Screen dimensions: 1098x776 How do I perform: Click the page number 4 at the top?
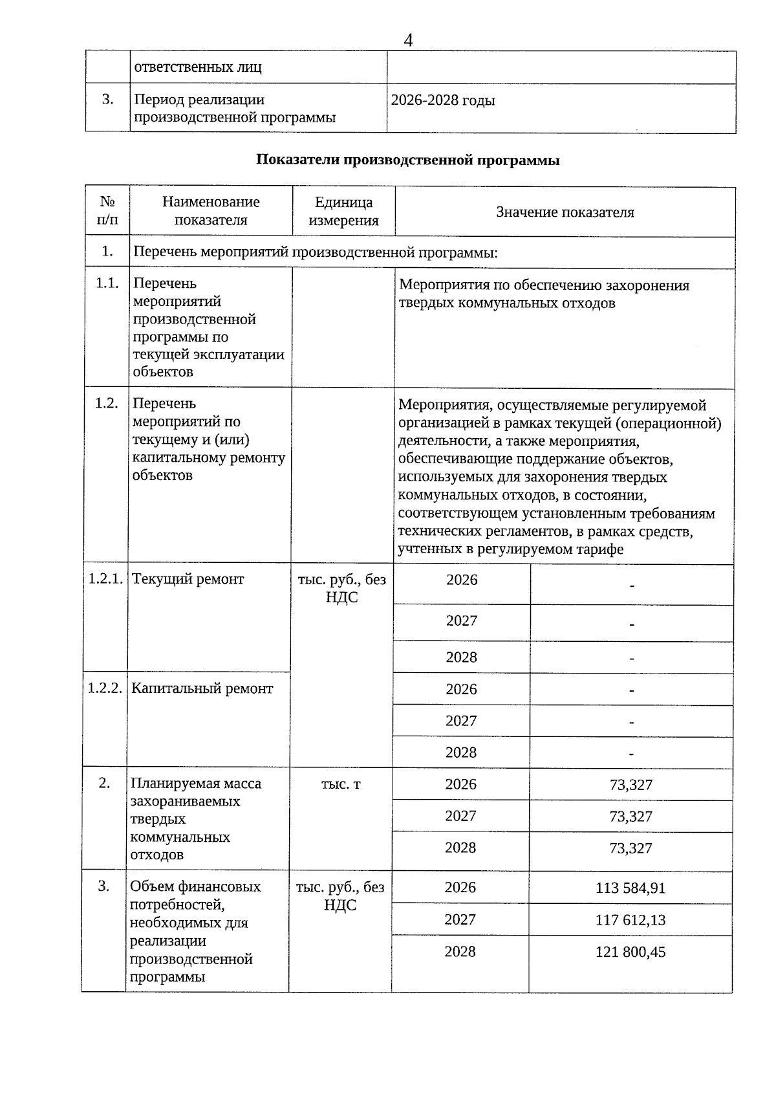point(408,41)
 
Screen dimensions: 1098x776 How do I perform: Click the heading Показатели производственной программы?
point(407,160)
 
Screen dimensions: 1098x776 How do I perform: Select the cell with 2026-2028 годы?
point(444,101)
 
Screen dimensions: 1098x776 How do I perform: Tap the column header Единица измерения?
point(343,211)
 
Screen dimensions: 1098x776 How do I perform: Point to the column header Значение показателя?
point(565,212)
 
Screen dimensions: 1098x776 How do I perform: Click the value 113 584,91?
point(630,888)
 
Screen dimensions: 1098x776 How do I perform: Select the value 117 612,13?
point(630,919)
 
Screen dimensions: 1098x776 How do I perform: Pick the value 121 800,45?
point(630,952)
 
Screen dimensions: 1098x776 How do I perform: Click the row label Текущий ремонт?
point(188,579)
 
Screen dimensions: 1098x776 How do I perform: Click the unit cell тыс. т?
point(341,784)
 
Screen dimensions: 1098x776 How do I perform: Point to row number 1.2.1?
point(105,579)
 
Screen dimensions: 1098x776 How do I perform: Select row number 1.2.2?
point(105,688)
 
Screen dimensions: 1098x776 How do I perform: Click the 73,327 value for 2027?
point(630,817)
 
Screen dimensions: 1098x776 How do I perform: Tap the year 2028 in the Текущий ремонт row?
point(461,657)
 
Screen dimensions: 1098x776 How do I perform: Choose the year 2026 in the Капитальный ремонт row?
point(461,689)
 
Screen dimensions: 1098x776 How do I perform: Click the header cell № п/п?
point(107,211)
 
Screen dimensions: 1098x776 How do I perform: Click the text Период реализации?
point(199,100)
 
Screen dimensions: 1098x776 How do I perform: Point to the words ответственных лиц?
point(198,67)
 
